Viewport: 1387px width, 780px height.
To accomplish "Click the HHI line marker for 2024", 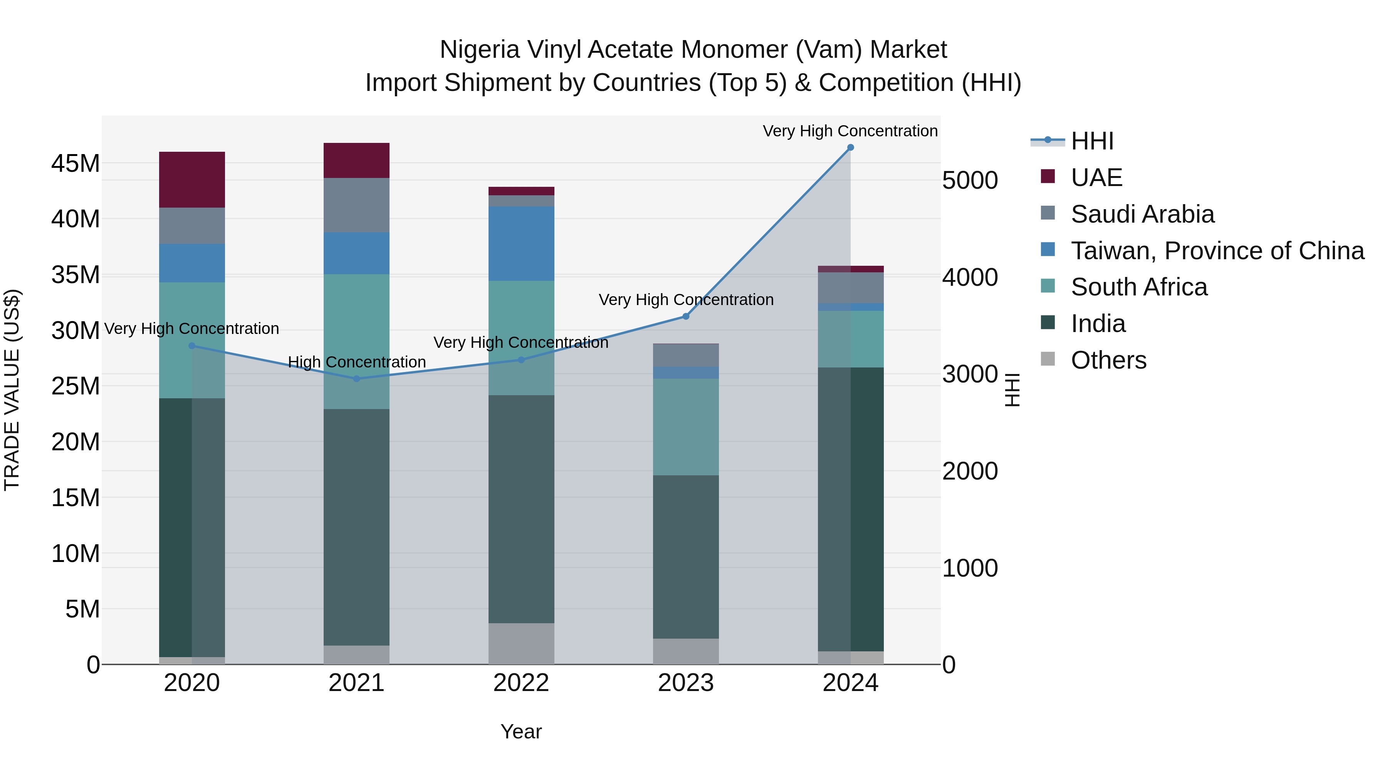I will [x=850, y=148].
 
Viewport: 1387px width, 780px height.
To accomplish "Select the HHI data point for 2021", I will [x=356, y=379].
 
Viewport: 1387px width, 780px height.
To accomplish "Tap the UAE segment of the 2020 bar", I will [x=192, y=180].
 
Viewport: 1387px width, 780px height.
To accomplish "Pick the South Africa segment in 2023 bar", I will [x=685, y=427].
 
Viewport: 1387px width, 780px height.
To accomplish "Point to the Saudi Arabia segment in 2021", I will [x=356, y=205].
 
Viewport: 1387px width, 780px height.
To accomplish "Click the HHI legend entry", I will [x=1091, y=141].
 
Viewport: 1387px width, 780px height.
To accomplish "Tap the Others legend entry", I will [x=1108, y=360].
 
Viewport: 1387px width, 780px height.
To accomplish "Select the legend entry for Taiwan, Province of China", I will [x=1217, y=251].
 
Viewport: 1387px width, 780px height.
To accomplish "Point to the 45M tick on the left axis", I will [x=76, y=163].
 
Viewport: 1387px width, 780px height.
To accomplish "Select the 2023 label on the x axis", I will [x=685, y=683].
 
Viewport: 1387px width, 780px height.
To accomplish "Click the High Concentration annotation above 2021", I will [x=356, y=362].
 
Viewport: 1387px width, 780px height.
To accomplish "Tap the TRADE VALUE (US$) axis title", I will [x=12, y=390].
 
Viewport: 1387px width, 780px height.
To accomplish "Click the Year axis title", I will [x=521, y=731].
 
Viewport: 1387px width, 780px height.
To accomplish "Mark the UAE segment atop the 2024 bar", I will [x=850, y=269].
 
